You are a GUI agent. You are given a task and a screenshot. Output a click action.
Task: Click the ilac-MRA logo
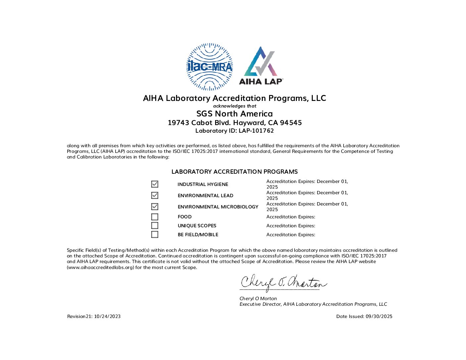pyautogui.click(x=210, y=67)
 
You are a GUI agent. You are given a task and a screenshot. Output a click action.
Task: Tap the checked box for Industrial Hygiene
pyautogui.click(x=155, y=184)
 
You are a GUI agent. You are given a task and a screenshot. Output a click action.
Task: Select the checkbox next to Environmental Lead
pyautogui.click(x=155, y=195)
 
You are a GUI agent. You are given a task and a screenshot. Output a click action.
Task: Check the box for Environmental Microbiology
pyautogui.click(x=155, y=206)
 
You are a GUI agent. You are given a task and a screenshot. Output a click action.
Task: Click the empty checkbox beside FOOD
pyautogui.click(x=155, y=217)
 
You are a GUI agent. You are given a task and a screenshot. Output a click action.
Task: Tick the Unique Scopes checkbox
pyautogui.click(x=155, y=226)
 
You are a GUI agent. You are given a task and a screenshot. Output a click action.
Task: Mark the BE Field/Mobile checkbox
pyautogui.click(x=155, y=235)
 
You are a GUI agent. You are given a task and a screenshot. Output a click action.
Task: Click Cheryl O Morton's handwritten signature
pyautogui.click(x=283, y=283)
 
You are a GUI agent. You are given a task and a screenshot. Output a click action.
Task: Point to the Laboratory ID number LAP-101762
pyautogui.click(x=256, y=131)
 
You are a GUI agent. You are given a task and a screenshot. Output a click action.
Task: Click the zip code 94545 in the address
pyautogui.click(x=291, y=123)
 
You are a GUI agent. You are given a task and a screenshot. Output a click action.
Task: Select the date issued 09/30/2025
pyautogui.click(x=379, y=316)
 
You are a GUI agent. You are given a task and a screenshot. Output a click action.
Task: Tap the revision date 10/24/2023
pyautogui.click(x=107, y=316)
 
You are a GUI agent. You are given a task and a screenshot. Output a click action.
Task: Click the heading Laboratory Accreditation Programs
pyautogui.click(x=234, y=172)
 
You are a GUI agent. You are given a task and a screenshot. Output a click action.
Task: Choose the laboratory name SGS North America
pyautogui.click(x=234, y=114)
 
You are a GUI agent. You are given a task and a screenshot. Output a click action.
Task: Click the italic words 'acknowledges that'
pyautogui.click(x=235, y=106)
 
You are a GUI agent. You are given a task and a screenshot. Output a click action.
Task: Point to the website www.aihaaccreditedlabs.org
pyautogui.click(x=101, y=267)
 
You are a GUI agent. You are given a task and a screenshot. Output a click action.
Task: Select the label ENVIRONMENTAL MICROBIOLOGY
pyautogui.click(x=218, y=207)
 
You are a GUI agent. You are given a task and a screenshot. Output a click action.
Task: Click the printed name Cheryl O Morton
pyautogui.click(x=258, y=298)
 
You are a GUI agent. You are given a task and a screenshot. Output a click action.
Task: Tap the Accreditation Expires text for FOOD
pyautogui.click(x=291, y=217)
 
